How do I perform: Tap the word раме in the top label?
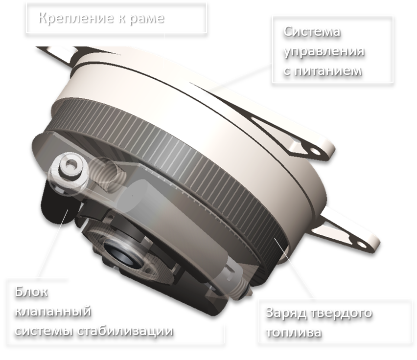[147, 19]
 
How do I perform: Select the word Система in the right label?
[312, 31]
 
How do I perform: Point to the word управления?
[324, 51]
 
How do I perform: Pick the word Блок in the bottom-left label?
[31, 292]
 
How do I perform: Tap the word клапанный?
[53, 311]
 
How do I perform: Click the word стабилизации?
[126, 331]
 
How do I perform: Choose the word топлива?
[294, 333]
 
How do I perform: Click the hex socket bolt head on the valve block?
[69, 166]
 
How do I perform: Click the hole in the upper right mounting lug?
[315, 152]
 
